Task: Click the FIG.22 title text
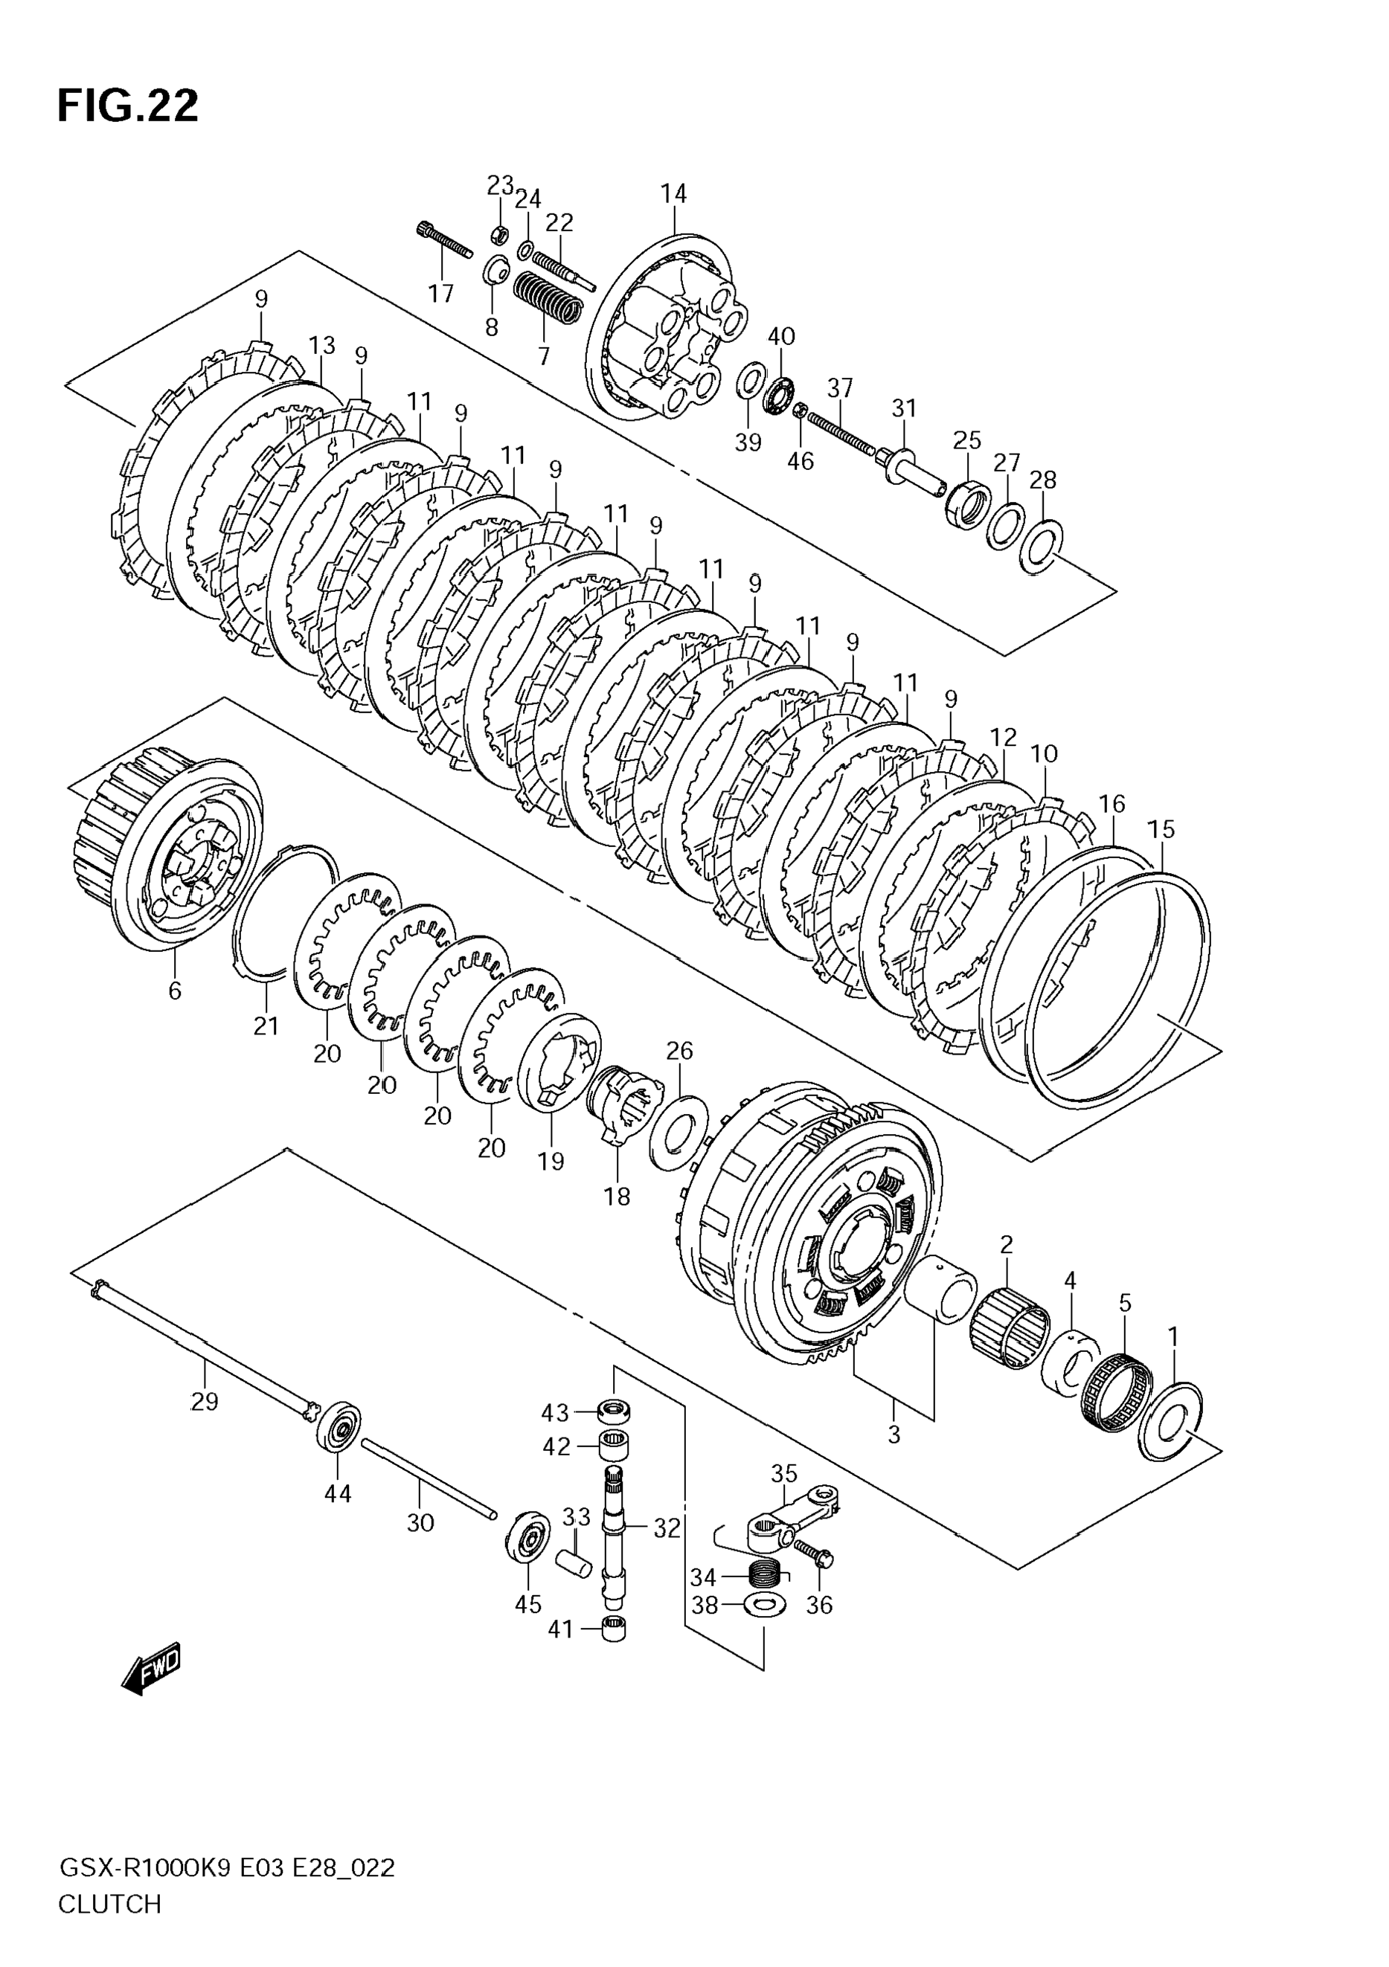(128, 106)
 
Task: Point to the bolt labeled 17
(445, 240)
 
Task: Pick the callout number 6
(175, 991)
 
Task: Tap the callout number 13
(322, 345)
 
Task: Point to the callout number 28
(1043, 480)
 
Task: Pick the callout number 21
(266, 1026)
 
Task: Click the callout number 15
(1161, 829)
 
